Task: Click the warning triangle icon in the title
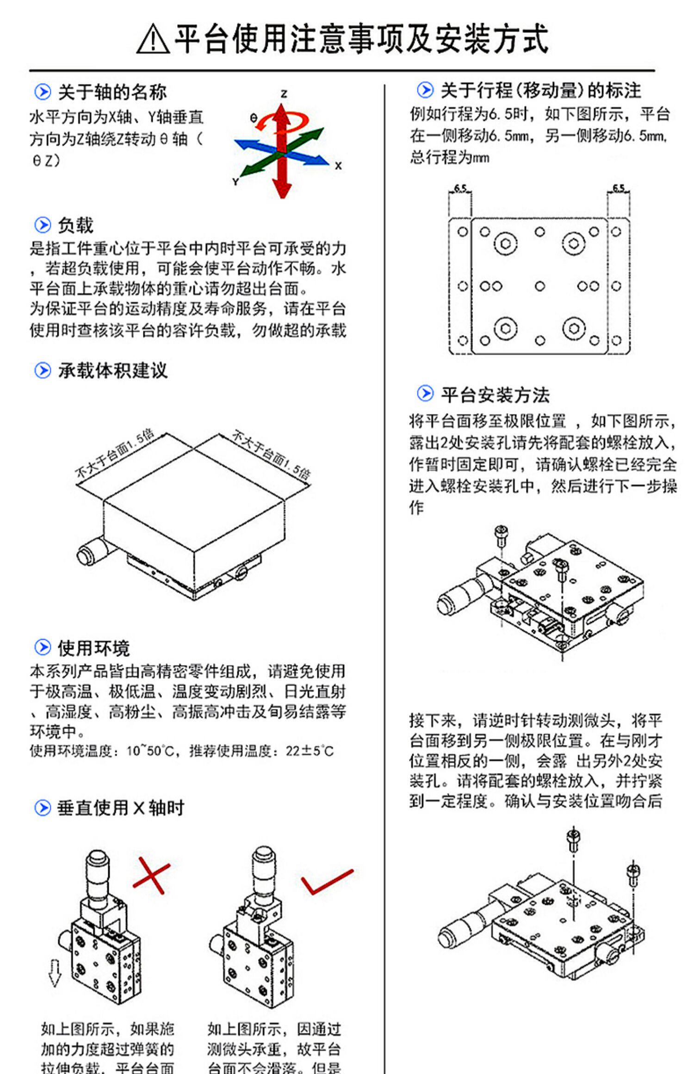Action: pyautogui.click(x=153, y=39)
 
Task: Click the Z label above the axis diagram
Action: pyautogui.click(x=284, y=94)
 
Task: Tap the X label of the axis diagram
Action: pyautogui.click(x=339, y=166)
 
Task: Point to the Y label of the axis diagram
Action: pyautogui.click(x=235, y=182)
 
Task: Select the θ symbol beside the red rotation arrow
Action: pyautogui.click(x=253, y=118)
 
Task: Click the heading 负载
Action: pyautogui.click(x=75, y=226)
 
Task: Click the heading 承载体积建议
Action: pyautogui.click(x=112, y=370)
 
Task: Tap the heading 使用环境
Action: pyautogui.click(x=94, y=648)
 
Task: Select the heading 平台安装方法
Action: pyautogui.click(x=495, y=395)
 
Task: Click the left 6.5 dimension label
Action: pyautogui.click(x=460, y=188)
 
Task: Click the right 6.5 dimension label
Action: pyautogui.click(x=619, y=188)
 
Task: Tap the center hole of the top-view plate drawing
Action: pyautogui.click(x=539, y=286)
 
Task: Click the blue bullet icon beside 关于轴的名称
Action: pyautogui.click(x=43, y=92)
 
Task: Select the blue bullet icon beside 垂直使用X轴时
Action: pyautogui.click(x=43, y=808)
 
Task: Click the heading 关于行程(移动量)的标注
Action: pyautogui.click(x=540, y=91)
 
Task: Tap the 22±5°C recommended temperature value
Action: pyautogui.click(x=310, y=751)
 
